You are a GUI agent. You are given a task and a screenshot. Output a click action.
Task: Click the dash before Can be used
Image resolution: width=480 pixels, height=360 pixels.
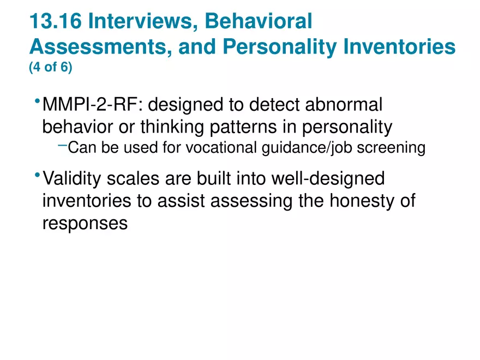point(62,145)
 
